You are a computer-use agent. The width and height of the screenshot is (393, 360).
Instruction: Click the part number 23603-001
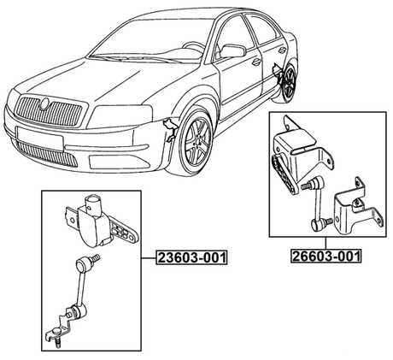pos(192,257)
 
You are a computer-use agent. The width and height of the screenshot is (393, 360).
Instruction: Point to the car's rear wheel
pos(290,82)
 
